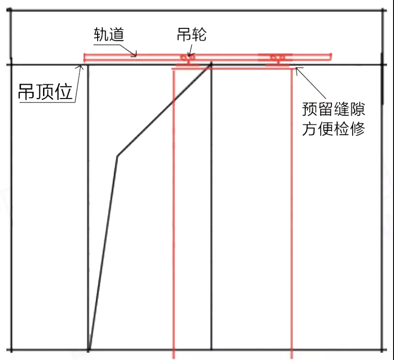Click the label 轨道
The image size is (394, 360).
coord(108,35)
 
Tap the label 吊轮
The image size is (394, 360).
coord(192,34)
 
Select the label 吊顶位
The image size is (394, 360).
coord(45,92)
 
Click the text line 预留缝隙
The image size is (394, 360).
coord(333,109)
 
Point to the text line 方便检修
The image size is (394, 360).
coord(333,129)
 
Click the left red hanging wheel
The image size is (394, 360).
coord(188,58)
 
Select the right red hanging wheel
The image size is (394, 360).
coord(278,58)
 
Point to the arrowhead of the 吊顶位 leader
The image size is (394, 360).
coord(82,67)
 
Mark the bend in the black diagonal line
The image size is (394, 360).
coord(117,156)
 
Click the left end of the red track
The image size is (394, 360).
coord(85,57)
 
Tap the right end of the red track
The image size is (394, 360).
coord(331,56)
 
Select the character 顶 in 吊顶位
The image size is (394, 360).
coord(45,92)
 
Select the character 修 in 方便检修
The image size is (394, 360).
coord(357,129)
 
